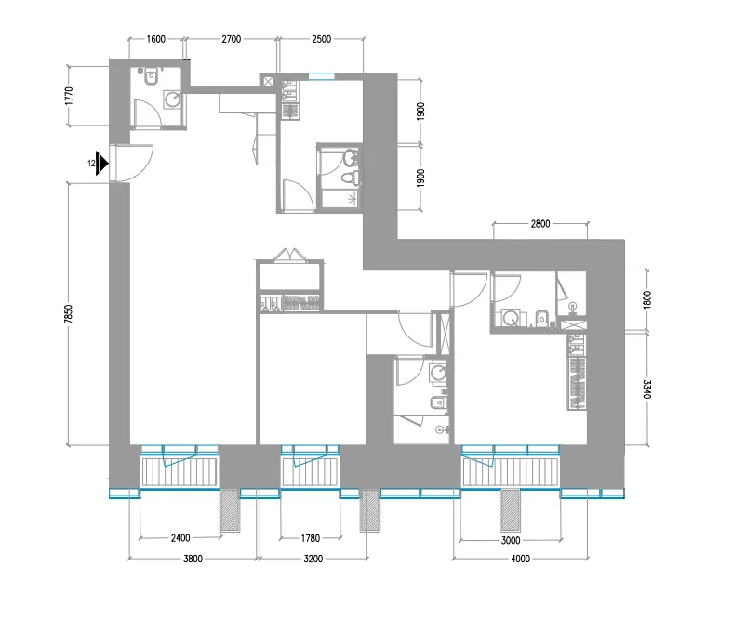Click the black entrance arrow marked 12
coord(102,164)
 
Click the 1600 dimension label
coord(155,40)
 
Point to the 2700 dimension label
coord(232,40)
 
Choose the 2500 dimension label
coord(321,40)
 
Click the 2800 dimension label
coord(540,223)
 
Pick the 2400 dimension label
coord(180,538)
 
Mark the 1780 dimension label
coord(310,538)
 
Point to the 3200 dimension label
coord(311,559)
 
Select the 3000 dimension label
coord(510,538)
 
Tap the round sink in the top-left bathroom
coord(172,98)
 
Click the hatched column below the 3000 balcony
coord(510,510)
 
